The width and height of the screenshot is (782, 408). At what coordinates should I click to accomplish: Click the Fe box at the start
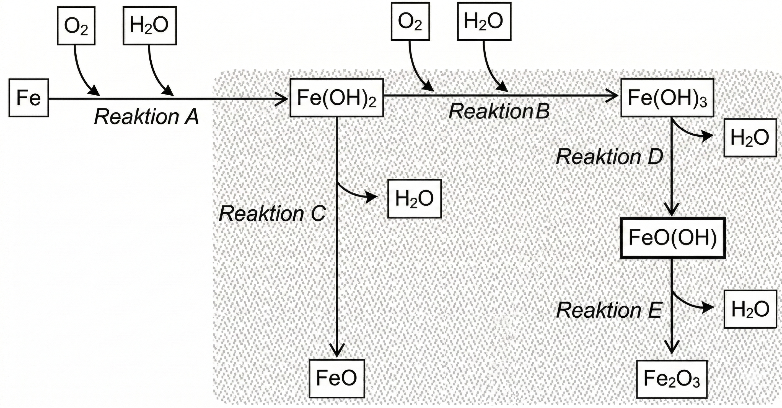29,98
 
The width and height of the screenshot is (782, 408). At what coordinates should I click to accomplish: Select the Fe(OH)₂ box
336,98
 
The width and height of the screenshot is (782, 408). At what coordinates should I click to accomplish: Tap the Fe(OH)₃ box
667,98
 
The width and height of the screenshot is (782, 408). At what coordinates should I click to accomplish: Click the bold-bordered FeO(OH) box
672,238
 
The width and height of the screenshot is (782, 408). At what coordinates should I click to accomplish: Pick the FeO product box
337,379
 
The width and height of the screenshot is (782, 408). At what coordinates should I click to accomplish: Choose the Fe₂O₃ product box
672,379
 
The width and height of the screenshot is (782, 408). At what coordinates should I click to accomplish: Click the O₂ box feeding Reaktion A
76,26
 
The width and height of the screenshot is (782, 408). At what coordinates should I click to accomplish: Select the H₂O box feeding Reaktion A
149,26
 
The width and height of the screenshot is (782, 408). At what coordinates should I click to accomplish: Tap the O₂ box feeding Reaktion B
410,21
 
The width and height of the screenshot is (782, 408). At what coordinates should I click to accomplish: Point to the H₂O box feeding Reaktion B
484,21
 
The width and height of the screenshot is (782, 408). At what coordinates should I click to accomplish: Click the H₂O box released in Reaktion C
414,199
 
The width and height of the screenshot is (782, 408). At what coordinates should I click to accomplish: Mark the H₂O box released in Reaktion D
750,138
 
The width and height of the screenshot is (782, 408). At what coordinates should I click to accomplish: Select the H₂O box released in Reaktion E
750,309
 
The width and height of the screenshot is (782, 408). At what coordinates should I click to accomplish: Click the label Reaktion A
146,117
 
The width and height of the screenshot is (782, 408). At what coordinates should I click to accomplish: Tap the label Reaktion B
499,111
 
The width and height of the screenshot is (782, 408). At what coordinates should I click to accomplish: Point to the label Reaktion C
272,213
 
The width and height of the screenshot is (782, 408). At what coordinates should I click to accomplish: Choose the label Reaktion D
609,157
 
